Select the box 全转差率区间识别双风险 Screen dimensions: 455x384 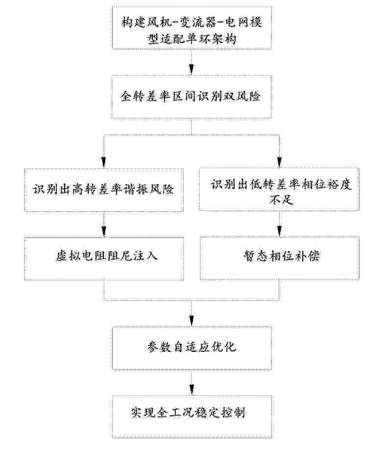(192, 96)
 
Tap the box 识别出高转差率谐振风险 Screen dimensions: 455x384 (104, 190)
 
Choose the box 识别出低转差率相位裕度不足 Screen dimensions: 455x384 (279, 190)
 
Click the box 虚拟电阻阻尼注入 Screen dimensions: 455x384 (104, 258)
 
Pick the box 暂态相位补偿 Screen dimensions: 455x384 (279, 258)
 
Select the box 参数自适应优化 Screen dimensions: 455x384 (192, 348)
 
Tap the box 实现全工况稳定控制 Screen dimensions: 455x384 (192, 413)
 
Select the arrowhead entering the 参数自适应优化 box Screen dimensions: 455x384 (192, 322)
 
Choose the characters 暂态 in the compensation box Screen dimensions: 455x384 (254, 256)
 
